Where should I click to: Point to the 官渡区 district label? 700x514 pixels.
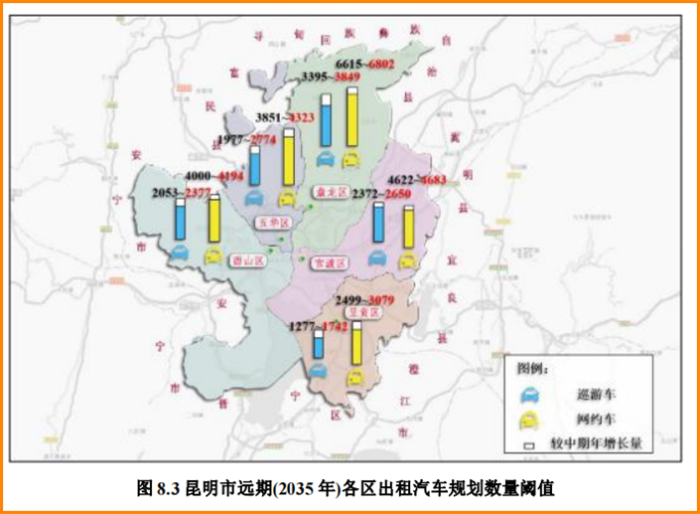coord(328,263)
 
